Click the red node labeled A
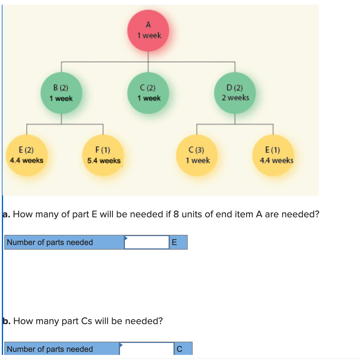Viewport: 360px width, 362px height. (x=148, y=30)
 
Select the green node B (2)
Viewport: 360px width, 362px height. (x=61, y=93)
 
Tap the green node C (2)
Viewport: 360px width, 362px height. (x=148, y=93)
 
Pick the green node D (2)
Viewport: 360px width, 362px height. (x=235, y=93)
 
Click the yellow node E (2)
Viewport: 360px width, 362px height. (x=27, y=155)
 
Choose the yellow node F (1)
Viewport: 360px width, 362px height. (x=103, y=155)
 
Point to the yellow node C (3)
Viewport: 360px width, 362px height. (x=197, y=155)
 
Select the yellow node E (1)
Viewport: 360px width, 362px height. (x=273, y=155)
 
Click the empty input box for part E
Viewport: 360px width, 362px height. (x=147, y=242)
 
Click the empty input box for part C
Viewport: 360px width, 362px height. (x=147, y=349)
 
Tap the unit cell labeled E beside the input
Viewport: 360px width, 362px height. (x=178, y=242)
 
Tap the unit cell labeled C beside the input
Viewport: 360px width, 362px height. (x=183, y=349)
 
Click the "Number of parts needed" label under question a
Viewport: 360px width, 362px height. (x=50, y=242)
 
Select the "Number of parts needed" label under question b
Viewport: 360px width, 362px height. (x=50, y=349)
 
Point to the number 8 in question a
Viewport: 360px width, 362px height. (x=176, y=214)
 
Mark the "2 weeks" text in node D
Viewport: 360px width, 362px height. (x=235, y=98)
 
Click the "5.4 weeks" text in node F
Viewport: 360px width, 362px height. (x=104, y=161)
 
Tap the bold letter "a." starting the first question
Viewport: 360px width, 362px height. (x=6, y=214)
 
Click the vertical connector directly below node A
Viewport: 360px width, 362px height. (x=148, y=57)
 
